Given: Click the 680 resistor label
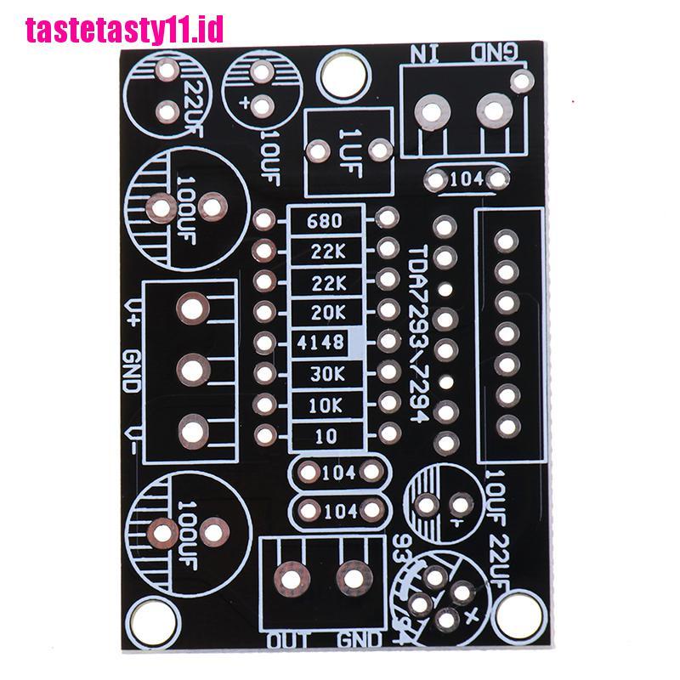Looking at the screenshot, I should click(326, 222).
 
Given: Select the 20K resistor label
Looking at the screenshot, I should click(326, 313).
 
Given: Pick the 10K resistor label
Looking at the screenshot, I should click(326, 405).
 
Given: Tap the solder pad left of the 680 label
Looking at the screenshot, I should click(263, 221).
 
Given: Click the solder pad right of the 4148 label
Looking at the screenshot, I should click(388, 341).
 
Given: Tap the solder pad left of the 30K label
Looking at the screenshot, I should click(263, 373).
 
